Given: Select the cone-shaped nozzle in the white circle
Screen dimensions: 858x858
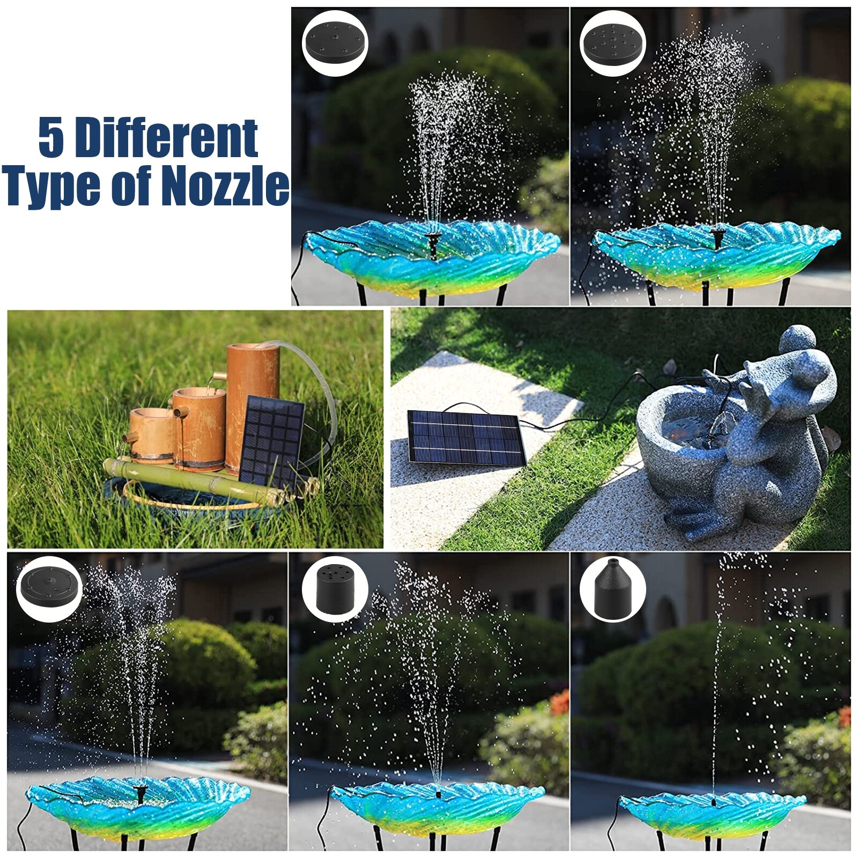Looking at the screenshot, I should click(x=612, y=589).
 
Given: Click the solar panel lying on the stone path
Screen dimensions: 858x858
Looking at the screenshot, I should click(x=465, y=438).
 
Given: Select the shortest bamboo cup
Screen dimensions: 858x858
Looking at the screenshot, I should click(x=151, y=434).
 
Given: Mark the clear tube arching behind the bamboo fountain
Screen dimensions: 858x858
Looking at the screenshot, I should click(x=322, y=375).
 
